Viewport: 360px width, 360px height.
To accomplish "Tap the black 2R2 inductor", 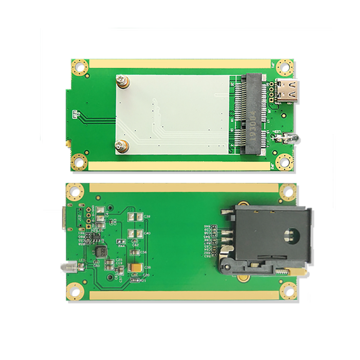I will coord(100,251).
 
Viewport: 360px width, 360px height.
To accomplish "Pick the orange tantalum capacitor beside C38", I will coord(136,268).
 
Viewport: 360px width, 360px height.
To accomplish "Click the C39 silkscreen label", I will coord(147,216).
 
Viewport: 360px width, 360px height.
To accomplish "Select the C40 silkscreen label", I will coord(147,233).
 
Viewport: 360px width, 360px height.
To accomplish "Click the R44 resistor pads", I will coord(121,241).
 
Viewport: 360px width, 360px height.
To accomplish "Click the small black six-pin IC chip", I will coord(95,236).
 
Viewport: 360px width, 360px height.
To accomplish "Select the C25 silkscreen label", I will coord(119,260).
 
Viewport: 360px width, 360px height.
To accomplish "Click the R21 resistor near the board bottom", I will coord(135,280).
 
